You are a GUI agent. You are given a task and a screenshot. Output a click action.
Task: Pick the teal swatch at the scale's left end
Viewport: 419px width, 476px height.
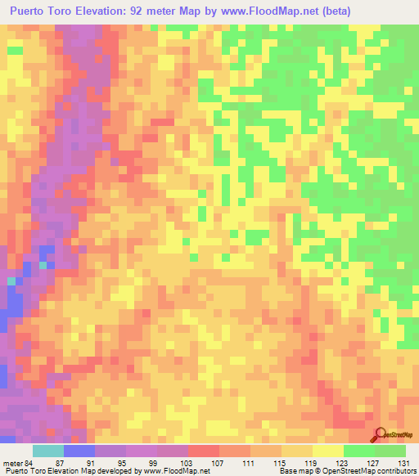48,451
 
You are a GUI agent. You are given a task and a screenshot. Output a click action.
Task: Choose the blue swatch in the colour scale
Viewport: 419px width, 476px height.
79,451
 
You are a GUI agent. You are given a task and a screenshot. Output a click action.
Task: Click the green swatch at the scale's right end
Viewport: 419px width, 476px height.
390,451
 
